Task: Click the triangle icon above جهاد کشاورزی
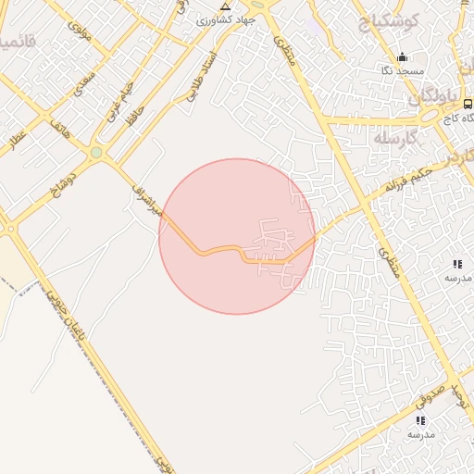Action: (x=225, y=6)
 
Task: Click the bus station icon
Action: (x=468, y=104)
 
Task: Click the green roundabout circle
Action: (x=96, y=153)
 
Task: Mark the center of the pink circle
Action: (x=237, y=236)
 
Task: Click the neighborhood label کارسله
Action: (x=398, y=137)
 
